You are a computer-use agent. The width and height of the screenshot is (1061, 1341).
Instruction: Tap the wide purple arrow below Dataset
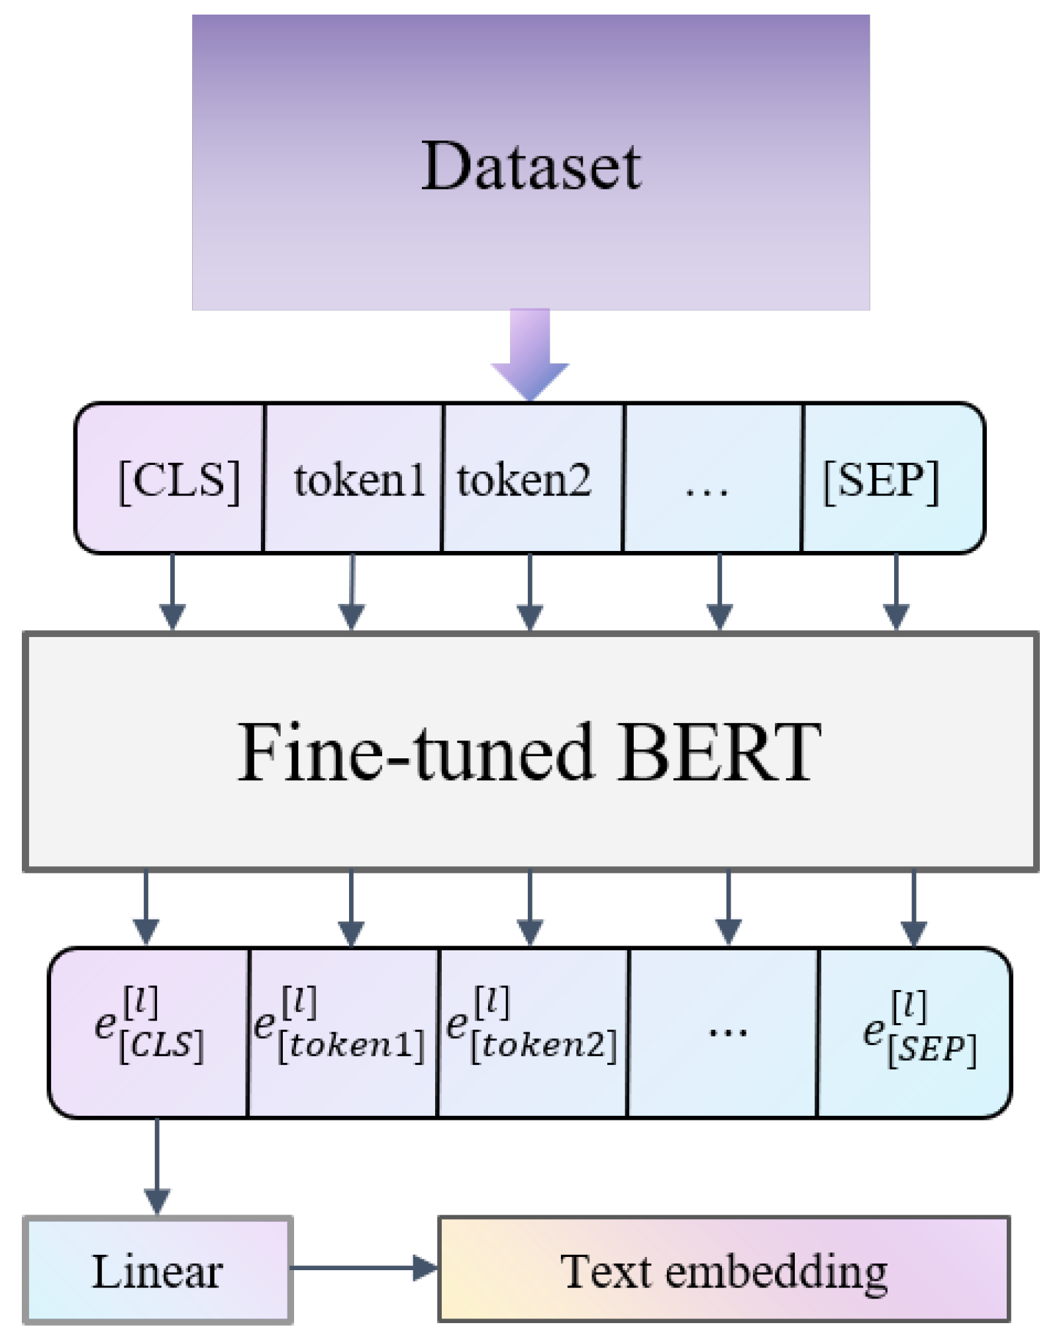tap(530, 355)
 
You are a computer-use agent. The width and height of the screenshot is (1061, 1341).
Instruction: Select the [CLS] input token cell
tap(170, 477)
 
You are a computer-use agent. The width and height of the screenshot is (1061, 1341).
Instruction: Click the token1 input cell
tap(354, 477)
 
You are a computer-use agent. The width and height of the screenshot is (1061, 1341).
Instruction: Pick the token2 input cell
tap(533, 477)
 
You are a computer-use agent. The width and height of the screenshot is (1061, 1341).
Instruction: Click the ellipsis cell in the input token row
tap(713, 477)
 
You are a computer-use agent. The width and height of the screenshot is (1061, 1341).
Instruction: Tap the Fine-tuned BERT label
tap(529, 752)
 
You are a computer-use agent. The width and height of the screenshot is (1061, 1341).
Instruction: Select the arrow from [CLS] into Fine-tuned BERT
tap(172, 591)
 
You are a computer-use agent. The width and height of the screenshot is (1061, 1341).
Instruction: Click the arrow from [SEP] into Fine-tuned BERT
tap(896, 591)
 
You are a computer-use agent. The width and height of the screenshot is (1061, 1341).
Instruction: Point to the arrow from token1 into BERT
tap(352, 591)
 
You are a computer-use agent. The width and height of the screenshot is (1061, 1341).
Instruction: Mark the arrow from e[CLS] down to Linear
tap(157, 1167)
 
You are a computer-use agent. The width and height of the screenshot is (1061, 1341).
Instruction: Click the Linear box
tap(158, 1270)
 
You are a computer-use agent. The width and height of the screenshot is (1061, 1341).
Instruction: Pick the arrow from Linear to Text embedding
tap(364, 1268)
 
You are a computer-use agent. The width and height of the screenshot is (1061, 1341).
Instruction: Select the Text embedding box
tap(724, 1269)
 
